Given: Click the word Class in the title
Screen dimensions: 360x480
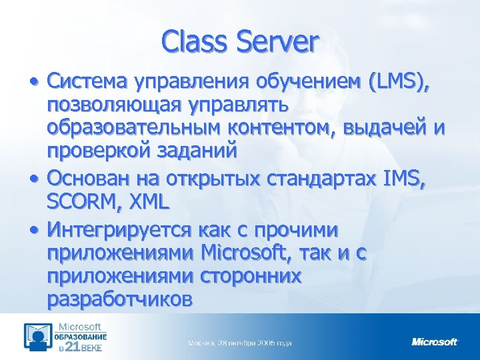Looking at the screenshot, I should (x=197, y=41).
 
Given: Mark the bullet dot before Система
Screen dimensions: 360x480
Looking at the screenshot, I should (x=33, y=83).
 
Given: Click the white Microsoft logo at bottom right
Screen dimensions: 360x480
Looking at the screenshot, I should (x=435, y=342).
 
